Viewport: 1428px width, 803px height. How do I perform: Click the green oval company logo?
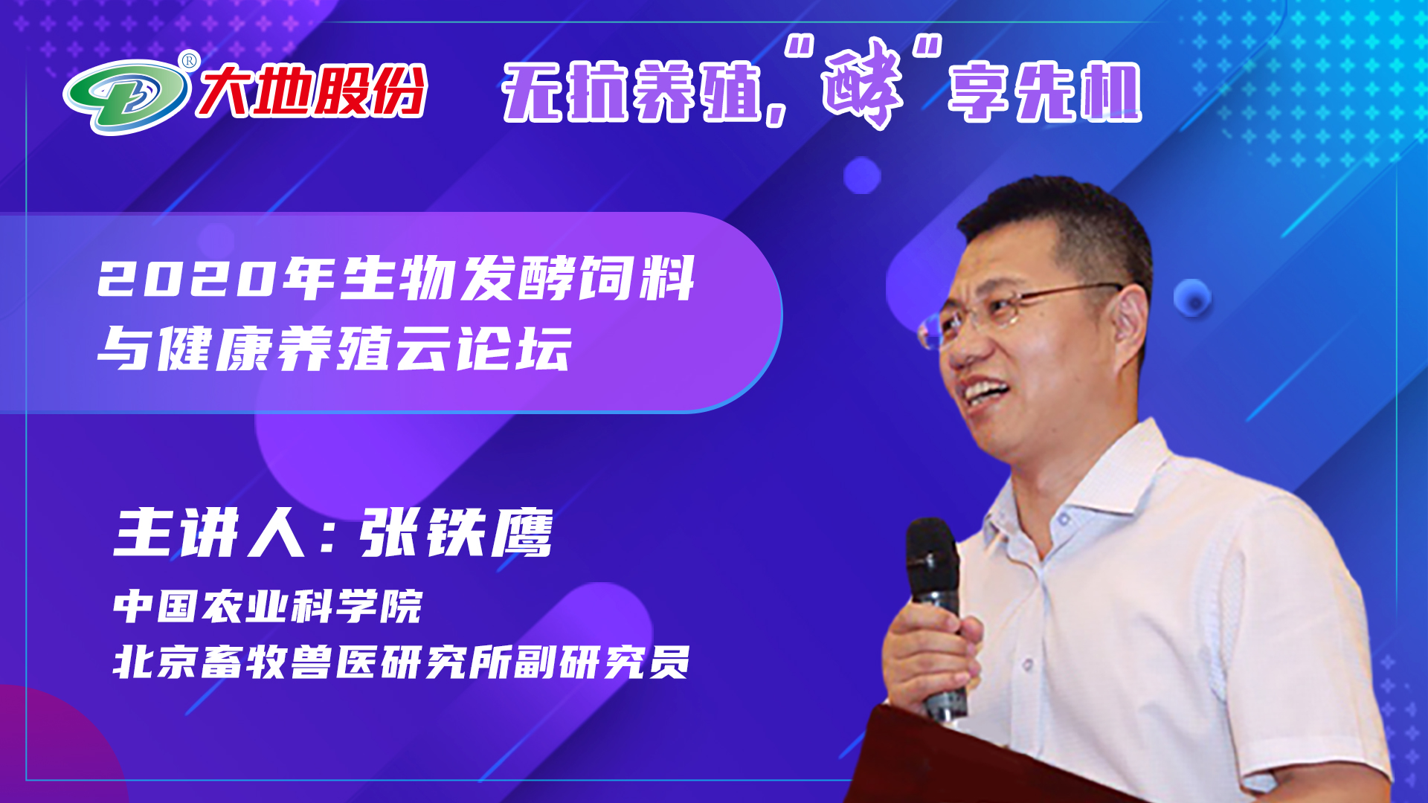(x=126, y=96)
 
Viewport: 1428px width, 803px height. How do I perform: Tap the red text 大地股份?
(x=312, y=91)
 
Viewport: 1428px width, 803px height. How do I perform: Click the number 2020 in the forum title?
(x=186, y=280)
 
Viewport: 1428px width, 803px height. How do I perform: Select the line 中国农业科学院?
(x=268, y=606)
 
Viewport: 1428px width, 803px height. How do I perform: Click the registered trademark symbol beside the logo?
(x=190, y=60)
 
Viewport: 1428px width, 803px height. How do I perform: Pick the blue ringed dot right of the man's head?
(x=1192, y=298)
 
